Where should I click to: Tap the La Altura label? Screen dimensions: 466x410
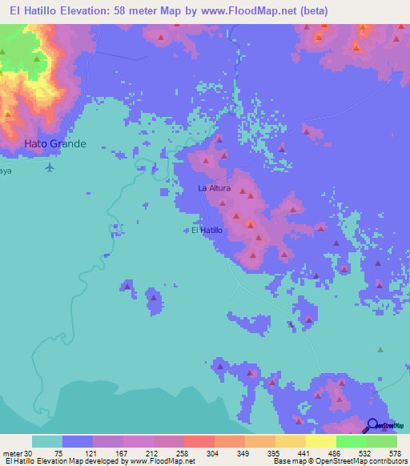pos(215,188)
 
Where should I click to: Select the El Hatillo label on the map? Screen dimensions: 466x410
pos(207,231)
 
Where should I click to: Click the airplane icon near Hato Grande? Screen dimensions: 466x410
pos(50,167)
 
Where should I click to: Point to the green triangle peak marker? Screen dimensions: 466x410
pos(380,349)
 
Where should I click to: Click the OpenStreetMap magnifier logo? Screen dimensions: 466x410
pos(373,425)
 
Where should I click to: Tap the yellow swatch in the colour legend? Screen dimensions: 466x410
pos(320,441)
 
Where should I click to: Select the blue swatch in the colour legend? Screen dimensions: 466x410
pos(78,441)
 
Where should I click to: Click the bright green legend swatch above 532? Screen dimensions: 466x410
pos(351,441)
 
